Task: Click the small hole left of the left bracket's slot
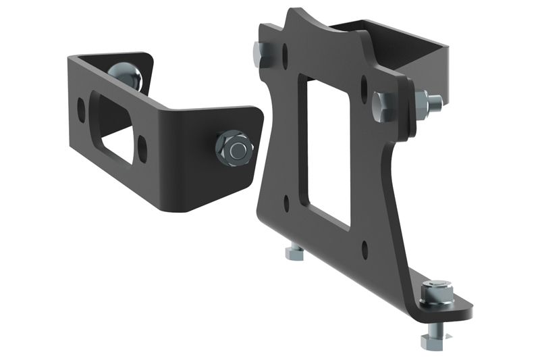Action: pos(82,106)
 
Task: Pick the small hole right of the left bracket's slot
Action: pos(142,144)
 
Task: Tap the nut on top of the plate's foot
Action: pos(433,294)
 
